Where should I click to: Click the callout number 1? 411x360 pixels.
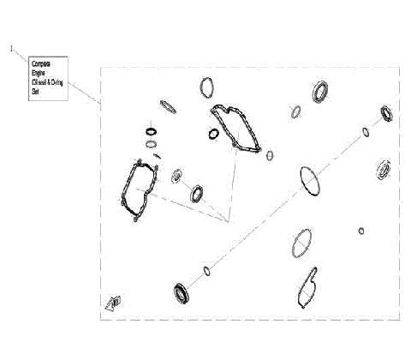[x=11, y=50]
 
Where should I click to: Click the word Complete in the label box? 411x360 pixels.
[x=40, y=64]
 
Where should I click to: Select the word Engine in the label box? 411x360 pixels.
[x=38, y=73]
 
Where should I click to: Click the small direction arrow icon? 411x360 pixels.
[x=112, y=301]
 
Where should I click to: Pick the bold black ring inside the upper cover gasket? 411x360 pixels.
[x=213, y=133]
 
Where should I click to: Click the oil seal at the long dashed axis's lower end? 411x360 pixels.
[x=182, y=292]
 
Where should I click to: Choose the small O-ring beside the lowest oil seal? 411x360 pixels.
[x=206, y=272]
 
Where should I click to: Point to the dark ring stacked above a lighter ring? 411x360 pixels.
[x=151, y=131]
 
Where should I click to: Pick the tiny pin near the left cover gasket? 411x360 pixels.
[x=157, y=155]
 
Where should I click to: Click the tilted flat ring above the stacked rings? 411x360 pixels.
[x=169, y=106]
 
